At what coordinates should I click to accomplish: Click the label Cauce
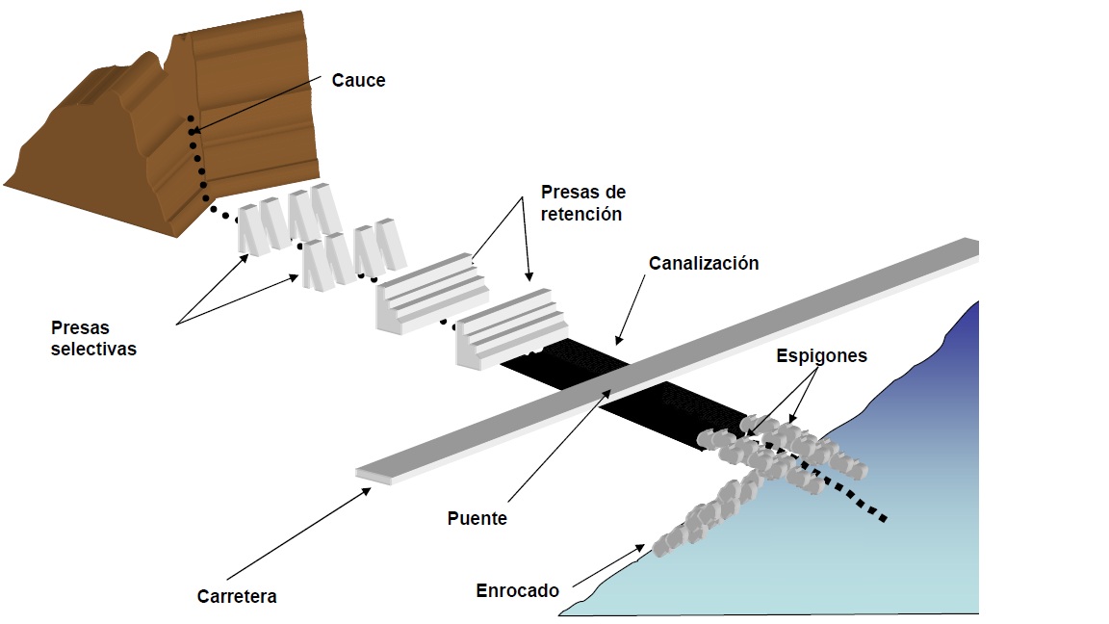[358, 81]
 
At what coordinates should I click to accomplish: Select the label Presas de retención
[581, 202]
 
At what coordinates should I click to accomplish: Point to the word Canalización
[703, 264]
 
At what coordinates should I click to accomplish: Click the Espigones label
[822, 356]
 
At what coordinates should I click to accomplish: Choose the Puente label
[477, 518]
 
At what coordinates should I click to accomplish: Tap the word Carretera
[237, 596]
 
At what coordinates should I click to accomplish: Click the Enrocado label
[517, 590]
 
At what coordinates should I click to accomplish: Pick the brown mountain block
[231, 116]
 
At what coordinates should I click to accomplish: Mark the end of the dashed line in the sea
[883, 520]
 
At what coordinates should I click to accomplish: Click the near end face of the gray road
[374, 475]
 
